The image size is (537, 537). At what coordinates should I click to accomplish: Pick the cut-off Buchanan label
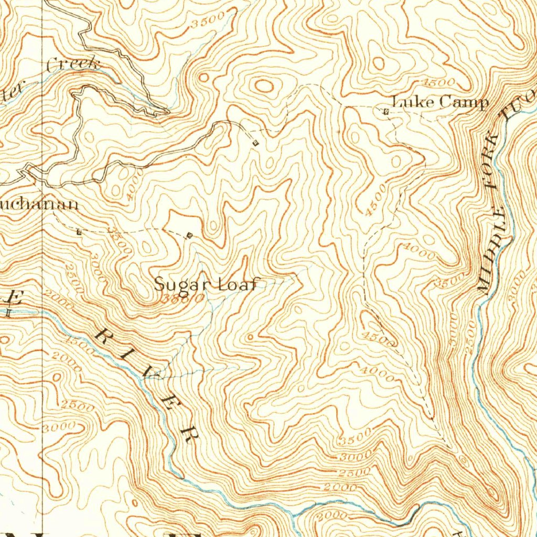tap(39, 204)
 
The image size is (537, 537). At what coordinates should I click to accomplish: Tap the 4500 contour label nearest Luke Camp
tap(439, 83)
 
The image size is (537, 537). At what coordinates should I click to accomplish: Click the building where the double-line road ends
tap(255, 143)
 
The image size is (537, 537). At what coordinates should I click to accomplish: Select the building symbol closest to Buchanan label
tap(79, 231)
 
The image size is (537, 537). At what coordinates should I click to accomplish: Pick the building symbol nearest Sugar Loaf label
tap(189, 236)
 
